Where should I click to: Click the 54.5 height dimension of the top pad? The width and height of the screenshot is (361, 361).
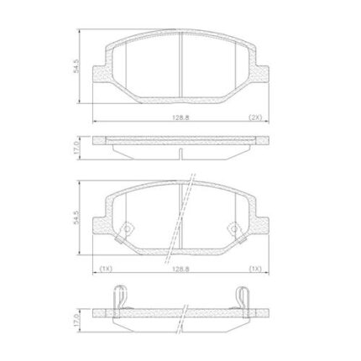point(76,66)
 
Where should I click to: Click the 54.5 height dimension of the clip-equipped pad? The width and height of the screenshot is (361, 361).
point(76,217)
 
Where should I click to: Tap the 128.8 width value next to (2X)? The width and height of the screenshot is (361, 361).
point(180,118)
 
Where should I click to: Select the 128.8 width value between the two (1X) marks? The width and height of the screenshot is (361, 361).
point(180,269)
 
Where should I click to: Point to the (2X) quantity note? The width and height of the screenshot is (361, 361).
point(255,118)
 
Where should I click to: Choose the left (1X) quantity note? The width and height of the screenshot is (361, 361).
point(106,269)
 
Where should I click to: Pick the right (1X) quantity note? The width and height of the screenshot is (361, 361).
point(255,269)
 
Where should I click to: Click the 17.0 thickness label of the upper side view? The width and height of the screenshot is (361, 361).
point(76,148)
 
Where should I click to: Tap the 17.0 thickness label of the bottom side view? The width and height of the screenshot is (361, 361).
point(76,320)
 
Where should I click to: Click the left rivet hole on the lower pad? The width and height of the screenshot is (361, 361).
point(128,229)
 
